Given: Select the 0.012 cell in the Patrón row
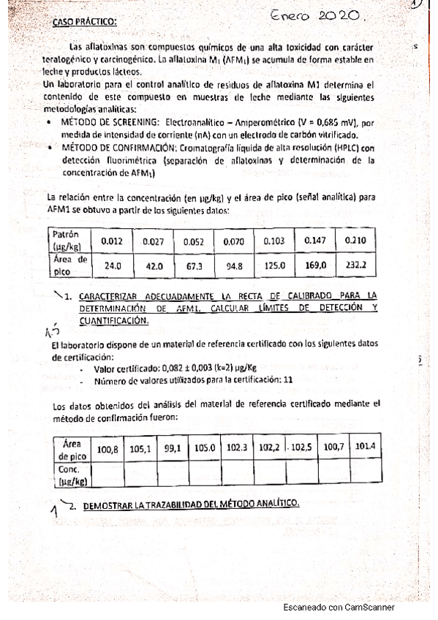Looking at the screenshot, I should tap(112, 241).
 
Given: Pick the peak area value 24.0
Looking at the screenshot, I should tap(112, 266).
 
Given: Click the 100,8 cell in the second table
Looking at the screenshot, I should tap(107, 447).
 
